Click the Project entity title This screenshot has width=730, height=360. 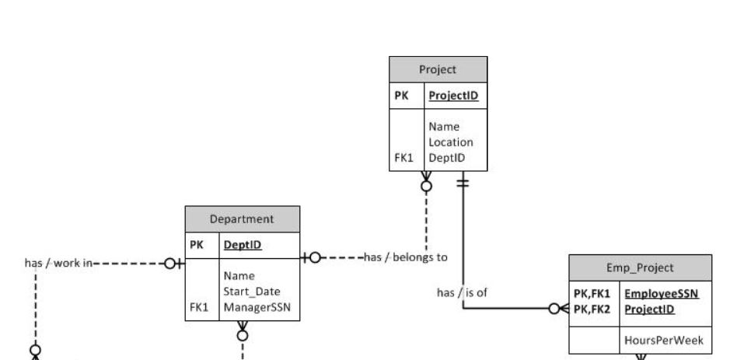438,68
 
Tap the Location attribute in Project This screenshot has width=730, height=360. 451,142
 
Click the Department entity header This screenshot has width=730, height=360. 241,218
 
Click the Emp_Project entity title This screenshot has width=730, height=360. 640,267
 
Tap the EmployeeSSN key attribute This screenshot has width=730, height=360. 662,295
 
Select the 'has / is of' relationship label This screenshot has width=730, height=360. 462,292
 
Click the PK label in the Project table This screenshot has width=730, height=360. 401,96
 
